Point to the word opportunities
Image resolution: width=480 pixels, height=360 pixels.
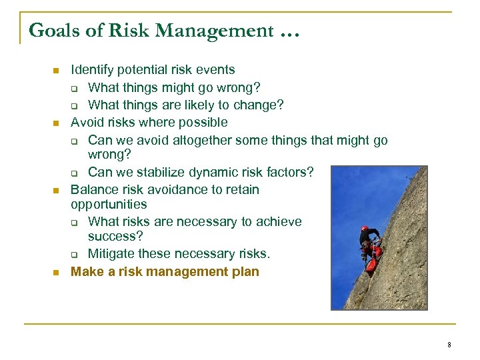(109, 205)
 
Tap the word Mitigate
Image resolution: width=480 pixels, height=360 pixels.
(111, 254)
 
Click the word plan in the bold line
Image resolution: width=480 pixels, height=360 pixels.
(245, 272)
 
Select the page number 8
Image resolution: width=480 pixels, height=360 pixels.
(449, 345)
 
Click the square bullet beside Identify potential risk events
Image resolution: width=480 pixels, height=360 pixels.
(56, 70)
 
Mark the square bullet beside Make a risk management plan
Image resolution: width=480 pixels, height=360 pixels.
(56, 272)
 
